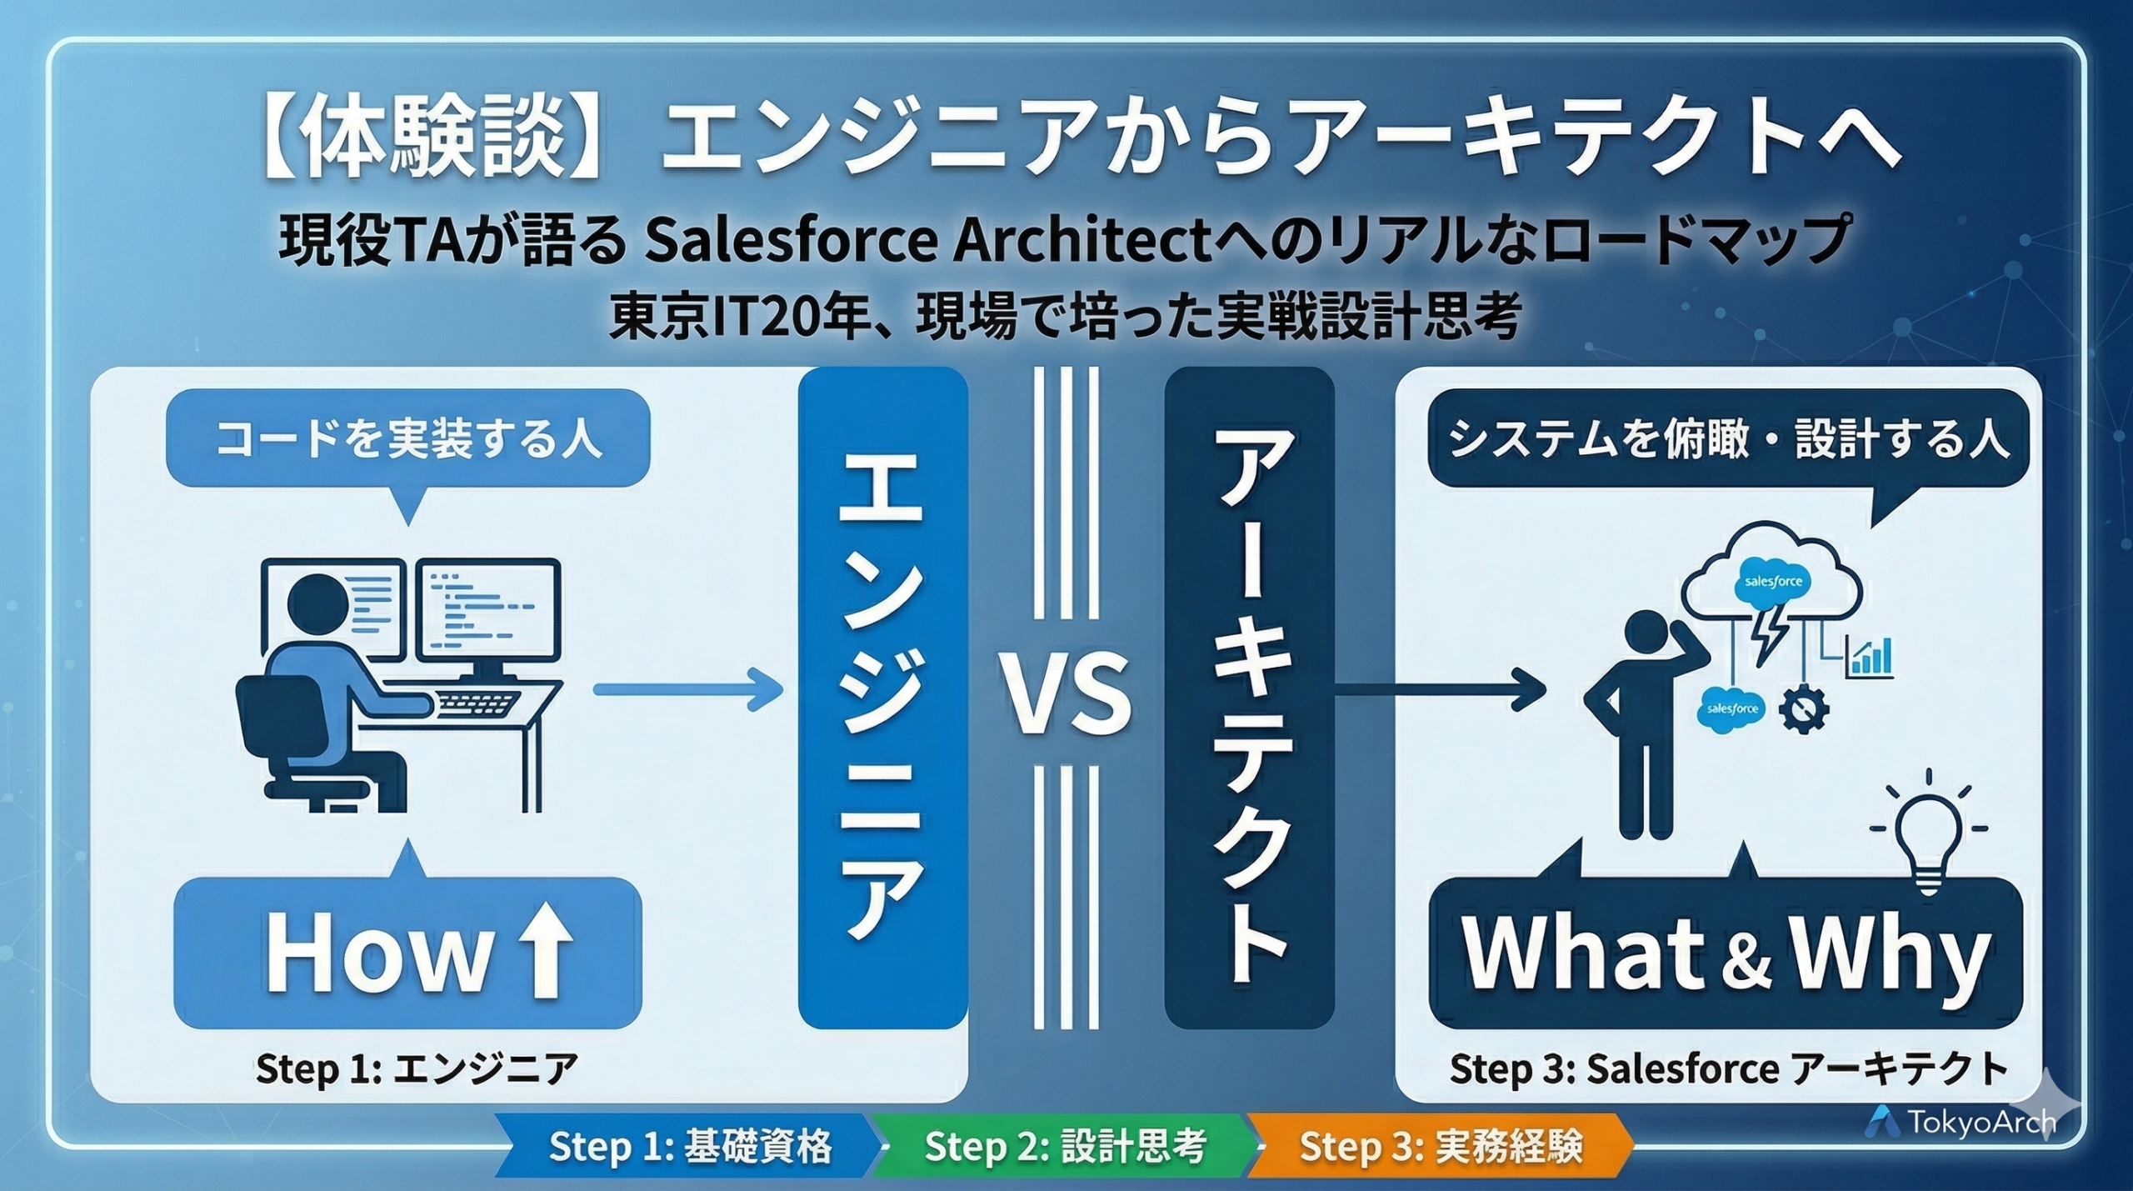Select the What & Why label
1725,953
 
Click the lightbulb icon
1928,833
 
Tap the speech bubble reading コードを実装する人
407,438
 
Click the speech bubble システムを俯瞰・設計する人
1728,438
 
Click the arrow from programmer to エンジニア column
688,689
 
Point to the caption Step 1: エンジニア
417,1068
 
